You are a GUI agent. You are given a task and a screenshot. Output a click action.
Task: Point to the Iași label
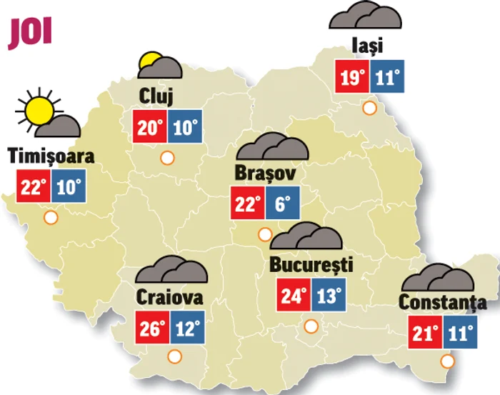pyautogui.click(x=367, y=46)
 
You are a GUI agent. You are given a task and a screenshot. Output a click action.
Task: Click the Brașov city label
pyautogui.click(x=265, y=174)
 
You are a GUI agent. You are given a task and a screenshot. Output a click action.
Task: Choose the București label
pyautogui.click(x=311, y=265)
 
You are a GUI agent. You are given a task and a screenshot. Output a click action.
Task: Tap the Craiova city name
pyautogui.click(x=169, y=296)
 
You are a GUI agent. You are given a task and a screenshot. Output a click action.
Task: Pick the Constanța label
pyautogui.click(x=442, y=302)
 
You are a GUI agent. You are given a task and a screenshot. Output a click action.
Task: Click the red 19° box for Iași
pyautogui.click(x=353, y=76)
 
